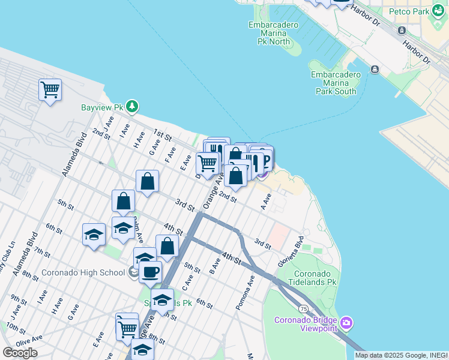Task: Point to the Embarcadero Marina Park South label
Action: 336,83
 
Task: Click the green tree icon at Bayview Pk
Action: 132,107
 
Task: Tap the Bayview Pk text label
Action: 101,108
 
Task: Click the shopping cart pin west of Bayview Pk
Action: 50,90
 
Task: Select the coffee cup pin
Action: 150,271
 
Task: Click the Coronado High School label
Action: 82,272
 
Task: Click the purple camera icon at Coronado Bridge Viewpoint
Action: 346,324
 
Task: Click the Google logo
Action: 20,352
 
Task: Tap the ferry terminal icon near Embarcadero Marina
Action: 375,70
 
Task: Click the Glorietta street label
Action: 291,254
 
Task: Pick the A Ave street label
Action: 267,200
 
